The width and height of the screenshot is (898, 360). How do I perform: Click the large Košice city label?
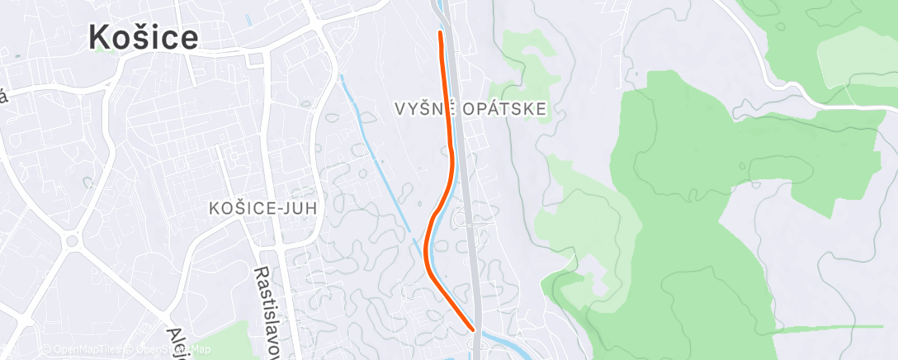143,38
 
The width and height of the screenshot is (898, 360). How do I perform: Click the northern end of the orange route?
440,33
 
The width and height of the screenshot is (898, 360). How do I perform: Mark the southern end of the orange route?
474,329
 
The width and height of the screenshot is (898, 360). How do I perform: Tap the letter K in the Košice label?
100,38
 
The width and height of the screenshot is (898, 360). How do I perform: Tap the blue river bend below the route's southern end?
495,339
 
